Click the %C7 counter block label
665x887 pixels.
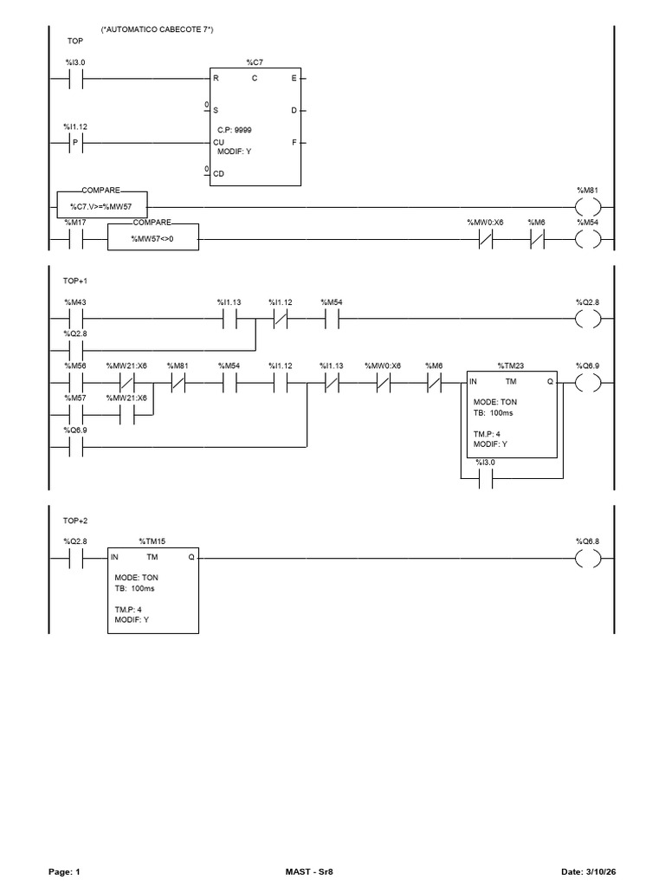coord(255,62)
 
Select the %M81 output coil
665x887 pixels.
coord(588,208)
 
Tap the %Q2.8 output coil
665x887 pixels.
coord(588,319)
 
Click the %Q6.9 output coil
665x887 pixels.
coord(588,383)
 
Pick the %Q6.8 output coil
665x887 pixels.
coord(588,559)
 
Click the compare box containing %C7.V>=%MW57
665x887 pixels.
coord(102,204)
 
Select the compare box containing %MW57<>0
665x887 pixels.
coord(152,237)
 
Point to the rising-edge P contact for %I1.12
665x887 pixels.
coord(75,143)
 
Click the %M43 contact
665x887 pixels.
coord(75,319)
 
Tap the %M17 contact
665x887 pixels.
coord(75,239)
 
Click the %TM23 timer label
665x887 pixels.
coord(511,366)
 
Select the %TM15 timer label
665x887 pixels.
coord(152,541)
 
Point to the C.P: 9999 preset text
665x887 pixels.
coord(234,130)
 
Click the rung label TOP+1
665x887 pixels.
coord(75,281)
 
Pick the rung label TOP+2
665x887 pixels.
coord(75,521)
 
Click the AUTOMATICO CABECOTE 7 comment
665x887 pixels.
coord(158,29)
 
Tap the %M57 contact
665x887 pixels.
coord(75,415)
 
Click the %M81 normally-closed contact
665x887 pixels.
coord(178,383)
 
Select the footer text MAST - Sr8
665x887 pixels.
coord(309,871)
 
